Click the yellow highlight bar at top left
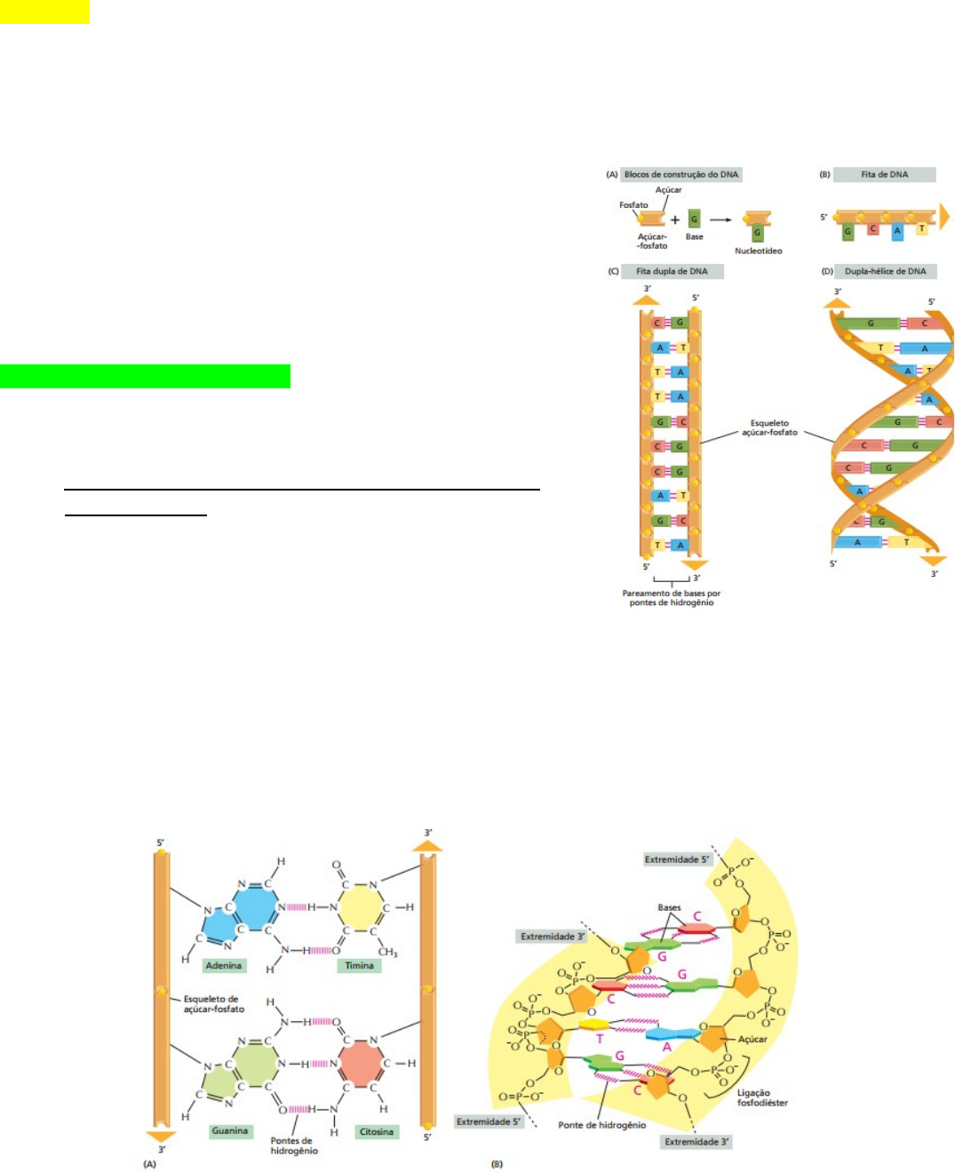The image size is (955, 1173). click(x=44, y=12)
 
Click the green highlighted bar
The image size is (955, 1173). click(x=145, y=376)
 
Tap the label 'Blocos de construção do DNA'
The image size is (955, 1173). click(x=680, y=174)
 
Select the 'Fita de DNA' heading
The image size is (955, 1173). click(x=884, y=174)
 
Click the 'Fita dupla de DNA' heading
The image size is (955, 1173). click(x=672, y=271)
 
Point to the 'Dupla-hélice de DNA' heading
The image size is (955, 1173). click(x=885, y=271)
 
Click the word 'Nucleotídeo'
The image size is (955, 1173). click(x=758, y=251)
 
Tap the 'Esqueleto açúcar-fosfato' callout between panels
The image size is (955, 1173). click(x=769, y=428)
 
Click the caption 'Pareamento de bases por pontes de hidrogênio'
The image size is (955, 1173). click(x=672, y=598)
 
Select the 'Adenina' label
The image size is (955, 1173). click(x=223, y=965)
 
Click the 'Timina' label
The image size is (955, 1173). click(x=360, y=965)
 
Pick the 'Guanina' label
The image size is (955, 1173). click(x=229, y=1131)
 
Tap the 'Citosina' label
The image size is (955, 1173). click(x=377, y=1131)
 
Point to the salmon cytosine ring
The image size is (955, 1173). click(x=360, y=1064)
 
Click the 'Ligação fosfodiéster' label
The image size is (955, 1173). click(x=761, y=1097)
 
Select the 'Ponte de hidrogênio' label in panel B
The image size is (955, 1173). click(x=601, y=1125)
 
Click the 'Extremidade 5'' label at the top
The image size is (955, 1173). click(x=677, y=859)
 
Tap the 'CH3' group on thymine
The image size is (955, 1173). click(x=387, y=953)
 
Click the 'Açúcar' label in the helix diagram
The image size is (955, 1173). click(x=752, y=1039)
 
